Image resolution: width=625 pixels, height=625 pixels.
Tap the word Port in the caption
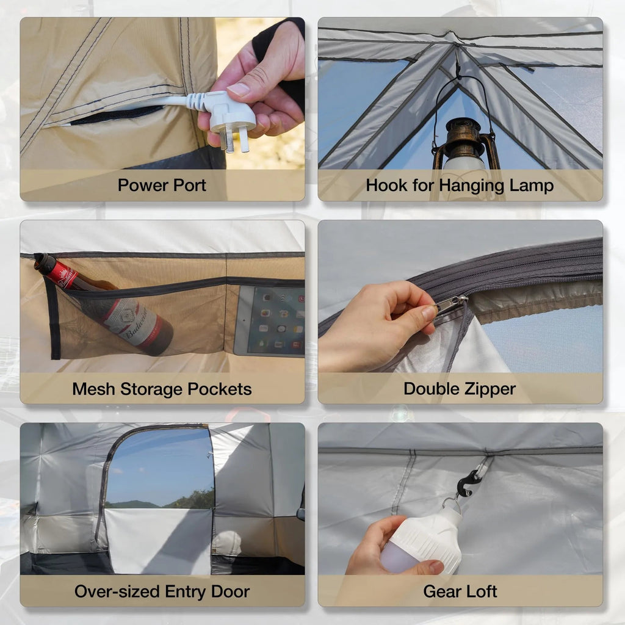pos(187,185)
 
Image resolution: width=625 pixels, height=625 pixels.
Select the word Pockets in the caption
pos(220,389)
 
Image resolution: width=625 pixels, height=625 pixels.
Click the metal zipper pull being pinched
pos(450,303)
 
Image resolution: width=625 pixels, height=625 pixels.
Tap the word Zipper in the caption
pos(488,389)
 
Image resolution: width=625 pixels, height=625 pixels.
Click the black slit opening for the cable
pos(116,115)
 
